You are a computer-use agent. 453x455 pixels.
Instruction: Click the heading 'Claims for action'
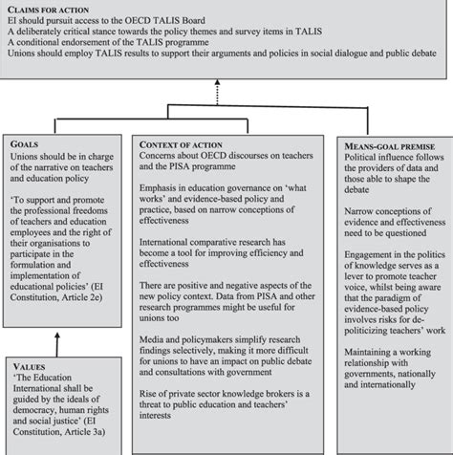46,9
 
